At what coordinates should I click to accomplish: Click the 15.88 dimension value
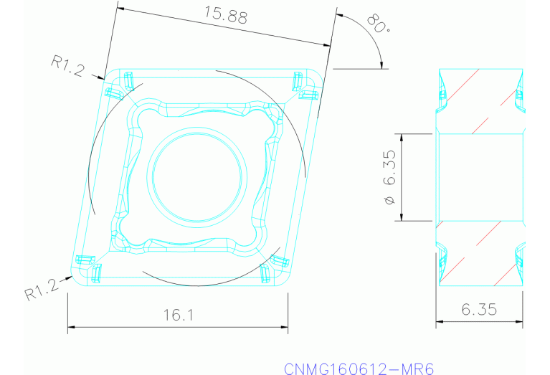pos(221,16)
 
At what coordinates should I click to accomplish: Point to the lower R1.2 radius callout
pos(42,291)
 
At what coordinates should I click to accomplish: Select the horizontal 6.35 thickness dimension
pos(480,310)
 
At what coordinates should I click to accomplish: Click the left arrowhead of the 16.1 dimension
pos(71,328)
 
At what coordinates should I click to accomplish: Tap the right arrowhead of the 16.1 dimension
pos(285,328)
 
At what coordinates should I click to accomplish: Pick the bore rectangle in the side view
pos(480,176)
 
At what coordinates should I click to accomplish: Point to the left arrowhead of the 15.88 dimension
pos(120,9)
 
